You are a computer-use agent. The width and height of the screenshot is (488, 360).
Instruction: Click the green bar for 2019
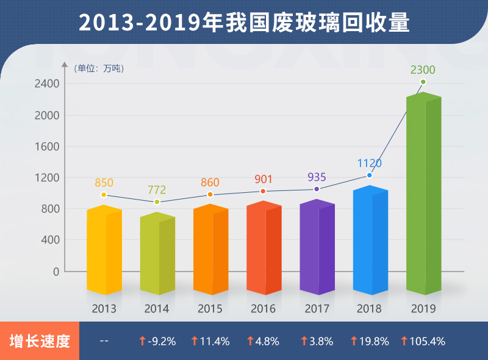coord(423,195)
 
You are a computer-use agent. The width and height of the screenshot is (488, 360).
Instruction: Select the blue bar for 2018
coord(370,241)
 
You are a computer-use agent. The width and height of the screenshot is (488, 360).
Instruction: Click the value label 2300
coord(423,70)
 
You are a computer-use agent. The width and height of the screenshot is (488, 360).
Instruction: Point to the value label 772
coord(157,190)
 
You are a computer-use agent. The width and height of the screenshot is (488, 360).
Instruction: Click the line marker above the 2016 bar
coord(263,192)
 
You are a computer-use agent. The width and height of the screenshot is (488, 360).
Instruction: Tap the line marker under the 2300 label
coord(423,82)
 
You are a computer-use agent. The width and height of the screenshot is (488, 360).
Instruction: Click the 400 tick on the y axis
coord(51,240)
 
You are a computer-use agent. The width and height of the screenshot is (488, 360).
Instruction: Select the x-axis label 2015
coord(210,308)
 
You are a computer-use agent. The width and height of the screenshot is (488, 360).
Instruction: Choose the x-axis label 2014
coord(157,308)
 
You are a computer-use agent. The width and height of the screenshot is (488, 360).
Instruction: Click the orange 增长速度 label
coord(40,341)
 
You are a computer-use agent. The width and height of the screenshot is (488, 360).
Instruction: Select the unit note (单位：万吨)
coord(99,68)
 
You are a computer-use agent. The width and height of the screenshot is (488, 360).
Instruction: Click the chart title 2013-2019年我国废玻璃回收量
coord(244,23)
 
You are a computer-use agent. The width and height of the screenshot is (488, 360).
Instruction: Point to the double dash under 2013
coord(104,341)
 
